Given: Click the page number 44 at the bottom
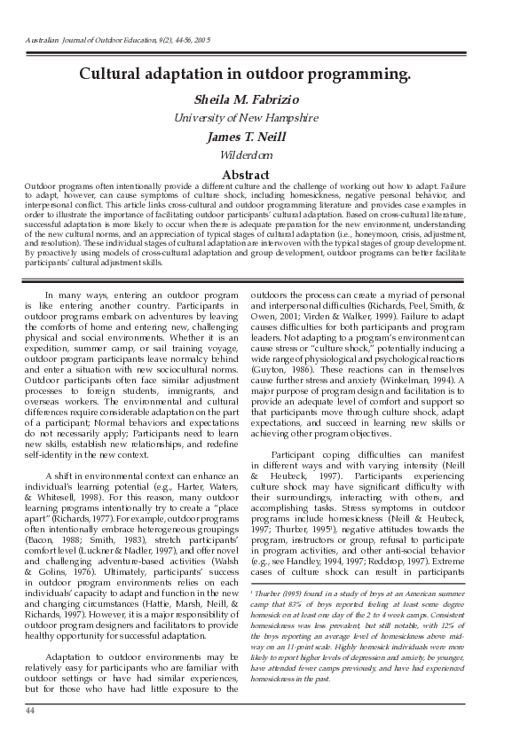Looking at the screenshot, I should click(30, 711).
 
